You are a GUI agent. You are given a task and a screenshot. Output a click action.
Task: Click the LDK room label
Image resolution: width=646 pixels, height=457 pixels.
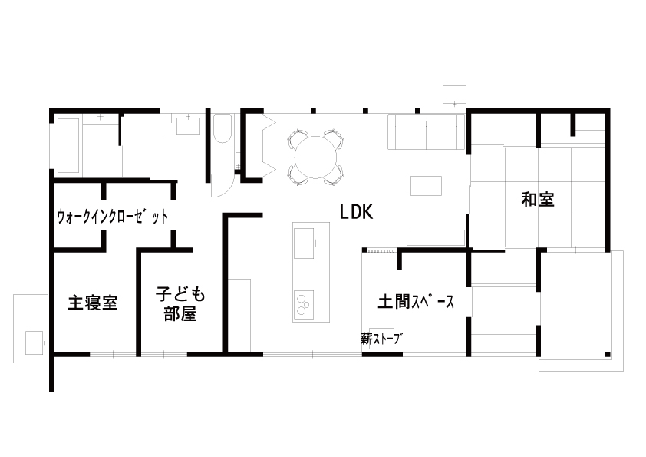(x=356, y=212)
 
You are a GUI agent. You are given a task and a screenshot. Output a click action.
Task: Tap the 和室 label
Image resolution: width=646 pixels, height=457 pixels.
(x=538, y=199)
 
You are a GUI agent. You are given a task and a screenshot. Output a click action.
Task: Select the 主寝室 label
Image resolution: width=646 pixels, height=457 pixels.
(x=93, y=303)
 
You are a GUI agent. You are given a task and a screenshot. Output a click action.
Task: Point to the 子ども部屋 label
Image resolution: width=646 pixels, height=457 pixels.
(x=180, y=304)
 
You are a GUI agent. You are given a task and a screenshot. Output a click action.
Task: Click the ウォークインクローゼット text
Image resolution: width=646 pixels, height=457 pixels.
(x=113, y=216)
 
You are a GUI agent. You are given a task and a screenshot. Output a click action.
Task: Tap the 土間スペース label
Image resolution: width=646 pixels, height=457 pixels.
(x=416, y=302)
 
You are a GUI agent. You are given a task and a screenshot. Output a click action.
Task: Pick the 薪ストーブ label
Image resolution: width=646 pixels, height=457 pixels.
(x=381, y=339)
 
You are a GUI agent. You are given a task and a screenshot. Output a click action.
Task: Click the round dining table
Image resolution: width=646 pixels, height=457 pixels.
(x=315, y=157)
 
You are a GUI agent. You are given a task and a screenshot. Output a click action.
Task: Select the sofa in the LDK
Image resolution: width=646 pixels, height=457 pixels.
(x=426, y=132)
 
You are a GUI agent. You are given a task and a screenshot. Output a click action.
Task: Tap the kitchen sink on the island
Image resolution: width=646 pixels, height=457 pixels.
(x=304, y=243)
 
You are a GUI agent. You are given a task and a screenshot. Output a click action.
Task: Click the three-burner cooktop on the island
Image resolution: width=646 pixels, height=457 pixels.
(x=304, y=304)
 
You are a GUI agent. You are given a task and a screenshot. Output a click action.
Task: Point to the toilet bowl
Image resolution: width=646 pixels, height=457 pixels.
(x=222, y=129)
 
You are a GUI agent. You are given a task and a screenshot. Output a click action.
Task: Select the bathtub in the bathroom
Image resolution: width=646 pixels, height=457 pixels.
(x=68, y=146)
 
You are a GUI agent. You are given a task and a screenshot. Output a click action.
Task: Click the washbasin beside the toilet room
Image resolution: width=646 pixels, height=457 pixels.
(x=188, y=126)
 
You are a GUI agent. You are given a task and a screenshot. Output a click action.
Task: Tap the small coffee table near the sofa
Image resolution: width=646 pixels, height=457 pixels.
(x=426, y=186)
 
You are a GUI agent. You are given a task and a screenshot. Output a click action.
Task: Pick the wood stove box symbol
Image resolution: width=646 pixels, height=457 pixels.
(x=381, y=339)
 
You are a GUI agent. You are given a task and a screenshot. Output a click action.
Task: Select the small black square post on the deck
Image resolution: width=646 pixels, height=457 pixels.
(x=608, y=354)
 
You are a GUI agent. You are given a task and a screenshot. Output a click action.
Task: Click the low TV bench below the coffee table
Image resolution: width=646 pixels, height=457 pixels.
(x=436, y=237)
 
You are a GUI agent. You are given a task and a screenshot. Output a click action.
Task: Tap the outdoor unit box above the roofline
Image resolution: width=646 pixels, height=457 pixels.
(x=454, y=94)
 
